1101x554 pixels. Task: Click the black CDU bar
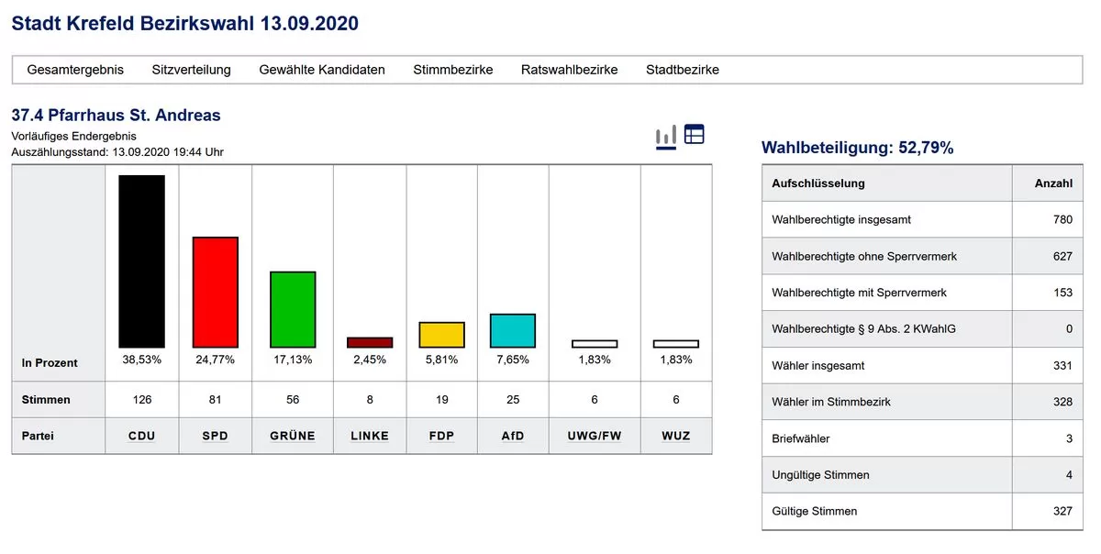[x=141, y=261]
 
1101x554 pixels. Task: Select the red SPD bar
[x=215, y=292]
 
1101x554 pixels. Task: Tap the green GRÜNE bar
[x=293, y=309]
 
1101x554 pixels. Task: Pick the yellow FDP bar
[x=441, y=335]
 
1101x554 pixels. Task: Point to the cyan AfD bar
[x=513, y=330]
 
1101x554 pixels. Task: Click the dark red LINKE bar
[x=370, y=342]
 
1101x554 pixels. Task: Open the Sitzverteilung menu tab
[x=191, y=70]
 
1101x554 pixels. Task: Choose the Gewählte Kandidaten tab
[x=322, y=70]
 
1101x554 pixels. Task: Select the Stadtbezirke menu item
[x=683, y=70]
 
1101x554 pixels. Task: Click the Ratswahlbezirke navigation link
[x=569, y=70]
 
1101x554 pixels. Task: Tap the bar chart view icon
[x=665, y=137]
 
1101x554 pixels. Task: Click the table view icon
[x=695, y=134]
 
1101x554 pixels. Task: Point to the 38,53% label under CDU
[x=141, y=360]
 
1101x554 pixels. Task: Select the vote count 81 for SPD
[x=215, y=400]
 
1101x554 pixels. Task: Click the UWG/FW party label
[x=594, y=436]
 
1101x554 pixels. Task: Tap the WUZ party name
[x=675, y=436]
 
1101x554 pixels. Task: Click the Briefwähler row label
[x=800, y=438]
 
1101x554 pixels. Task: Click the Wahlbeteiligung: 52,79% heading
[x=857, y=148]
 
